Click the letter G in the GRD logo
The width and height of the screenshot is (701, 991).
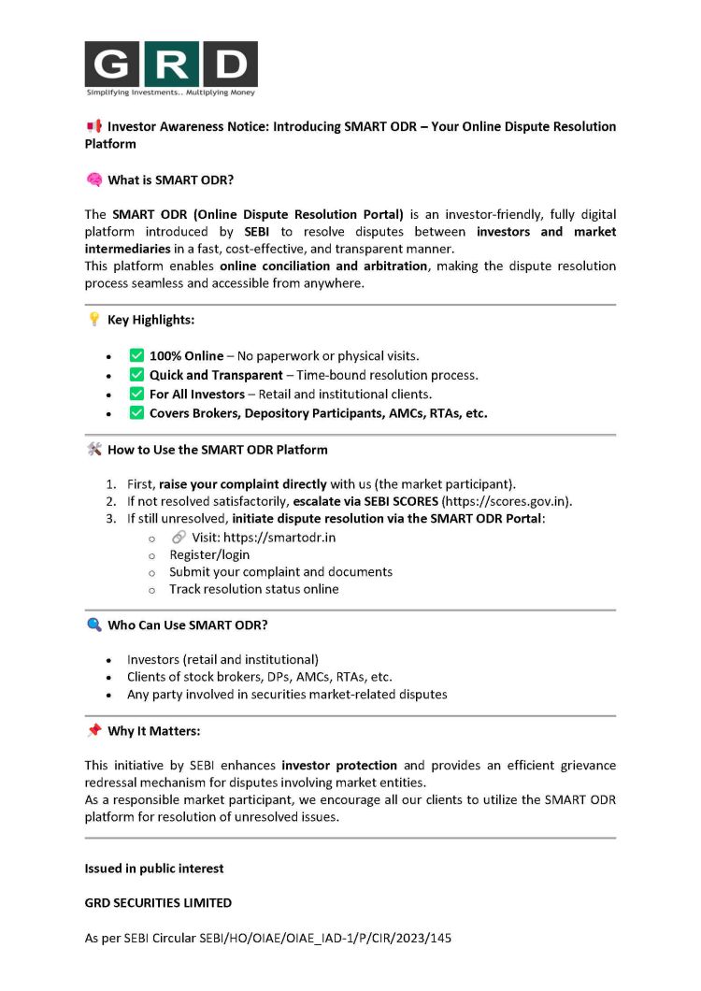pos(112,64)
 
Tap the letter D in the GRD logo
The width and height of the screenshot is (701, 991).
pos(228,64)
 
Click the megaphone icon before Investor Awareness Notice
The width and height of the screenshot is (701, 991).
pos(93,126)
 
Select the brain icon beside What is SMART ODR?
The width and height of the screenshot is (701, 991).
pos(93,180)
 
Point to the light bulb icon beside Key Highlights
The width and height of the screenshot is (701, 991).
pos(93,320)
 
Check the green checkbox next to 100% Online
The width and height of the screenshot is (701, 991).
pos(136,356)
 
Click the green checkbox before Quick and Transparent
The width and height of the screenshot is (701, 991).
pos(136,375)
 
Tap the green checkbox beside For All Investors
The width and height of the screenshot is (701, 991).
pos(136,394)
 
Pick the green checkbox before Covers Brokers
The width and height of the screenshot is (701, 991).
pos(136,412)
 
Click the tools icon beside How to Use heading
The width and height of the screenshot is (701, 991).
pos(93,450)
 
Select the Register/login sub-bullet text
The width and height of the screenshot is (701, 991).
pos(209,554)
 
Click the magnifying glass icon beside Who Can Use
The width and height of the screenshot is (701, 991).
pos(93,625)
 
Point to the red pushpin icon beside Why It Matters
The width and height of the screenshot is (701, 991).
pos(93,730)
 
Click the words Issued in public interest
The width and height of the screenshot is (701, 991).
pos(154,869)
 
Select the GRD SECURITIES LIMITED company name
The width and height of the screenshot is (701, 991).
pos(158,903)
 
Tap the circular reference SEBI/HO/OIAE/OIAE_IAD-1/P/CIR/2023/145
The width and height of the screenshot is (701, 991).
pos(325,938)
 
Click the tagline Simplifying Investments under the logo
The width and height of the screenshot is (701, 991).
pos(170,93)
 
